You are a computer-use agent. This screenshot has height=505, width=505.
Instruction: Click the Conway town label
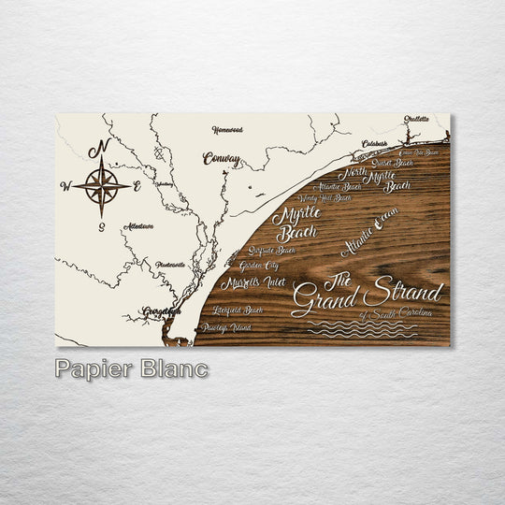(x=222, y=159)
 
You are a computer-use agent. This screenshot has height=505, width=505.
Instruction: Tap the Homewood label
(x=226, y=129)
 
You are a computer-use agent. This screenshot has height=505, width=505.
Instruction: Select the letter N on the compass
(x=104, y=148)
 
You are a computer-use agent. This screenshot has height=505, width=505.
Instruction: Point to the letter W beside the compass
(x=65, y=186)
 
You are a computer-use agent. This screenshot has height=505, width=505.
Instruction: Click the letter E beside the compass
(x=137, y=186)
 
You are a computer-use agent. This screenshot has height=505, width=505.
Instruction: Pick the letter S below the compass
(x=101, y=225)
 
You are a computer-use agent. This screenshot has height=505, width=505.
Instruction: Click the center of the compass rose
(x=102, y=185)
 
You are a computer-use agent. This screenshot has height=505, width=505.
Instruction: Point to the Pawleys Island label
(x=225, y=328)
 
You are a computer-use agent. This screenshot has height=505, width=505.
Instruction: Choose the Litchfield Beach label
(x=237, y=310)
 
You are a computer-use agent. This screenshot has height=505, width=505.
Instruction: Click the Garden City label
(x=257, y=266)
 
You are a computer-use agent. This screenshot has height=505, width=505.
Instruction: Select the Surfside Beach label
(x=272, y=251)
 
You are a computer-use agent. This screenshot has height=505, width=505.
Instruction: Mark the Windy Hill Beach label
(x=325, y=198)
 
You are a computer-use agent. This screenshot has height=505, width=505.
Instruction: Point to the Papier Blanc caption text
(x=131, y=368)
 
